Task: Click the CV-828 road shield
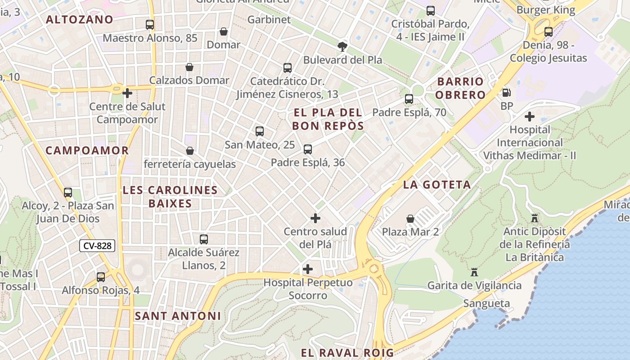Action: (98, 246)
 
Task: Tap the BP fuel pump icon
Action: (507, 93)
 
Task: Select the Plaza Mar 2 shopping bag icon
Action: (410, 219)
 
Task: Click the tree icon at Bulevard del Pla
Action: (342, 46)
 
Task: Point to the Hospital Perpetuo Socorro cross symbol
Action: (308, 269)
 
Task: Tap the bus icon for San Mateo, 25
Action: (260, 131)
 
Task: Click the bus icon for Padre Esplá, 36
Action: (308, 149)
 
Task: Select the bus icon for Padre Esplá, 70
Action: (409, 99)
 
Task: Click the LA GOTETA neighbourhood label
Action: (437, 184)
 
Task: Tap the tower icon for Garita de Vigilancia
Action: (474, 272)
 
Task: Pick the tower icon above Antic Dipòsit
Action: (535, 218)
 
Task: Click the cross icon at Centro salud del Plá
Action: (315, 218)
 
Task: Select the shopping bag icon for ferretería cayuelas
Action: (190, 151)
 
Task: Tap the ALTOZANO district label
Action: (80, 19)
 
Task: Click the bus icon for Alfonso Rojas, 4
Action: (101, 277)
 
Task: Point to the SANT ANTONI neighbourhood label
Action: (178, 316)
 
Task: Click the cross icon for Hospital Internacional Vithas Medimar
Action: (530, 117)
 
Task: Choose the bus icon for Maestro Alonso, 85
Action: (150, 25)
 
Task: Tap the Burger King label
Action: (546, 10)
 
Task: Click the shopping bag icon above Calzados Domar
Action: (190, 67)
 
